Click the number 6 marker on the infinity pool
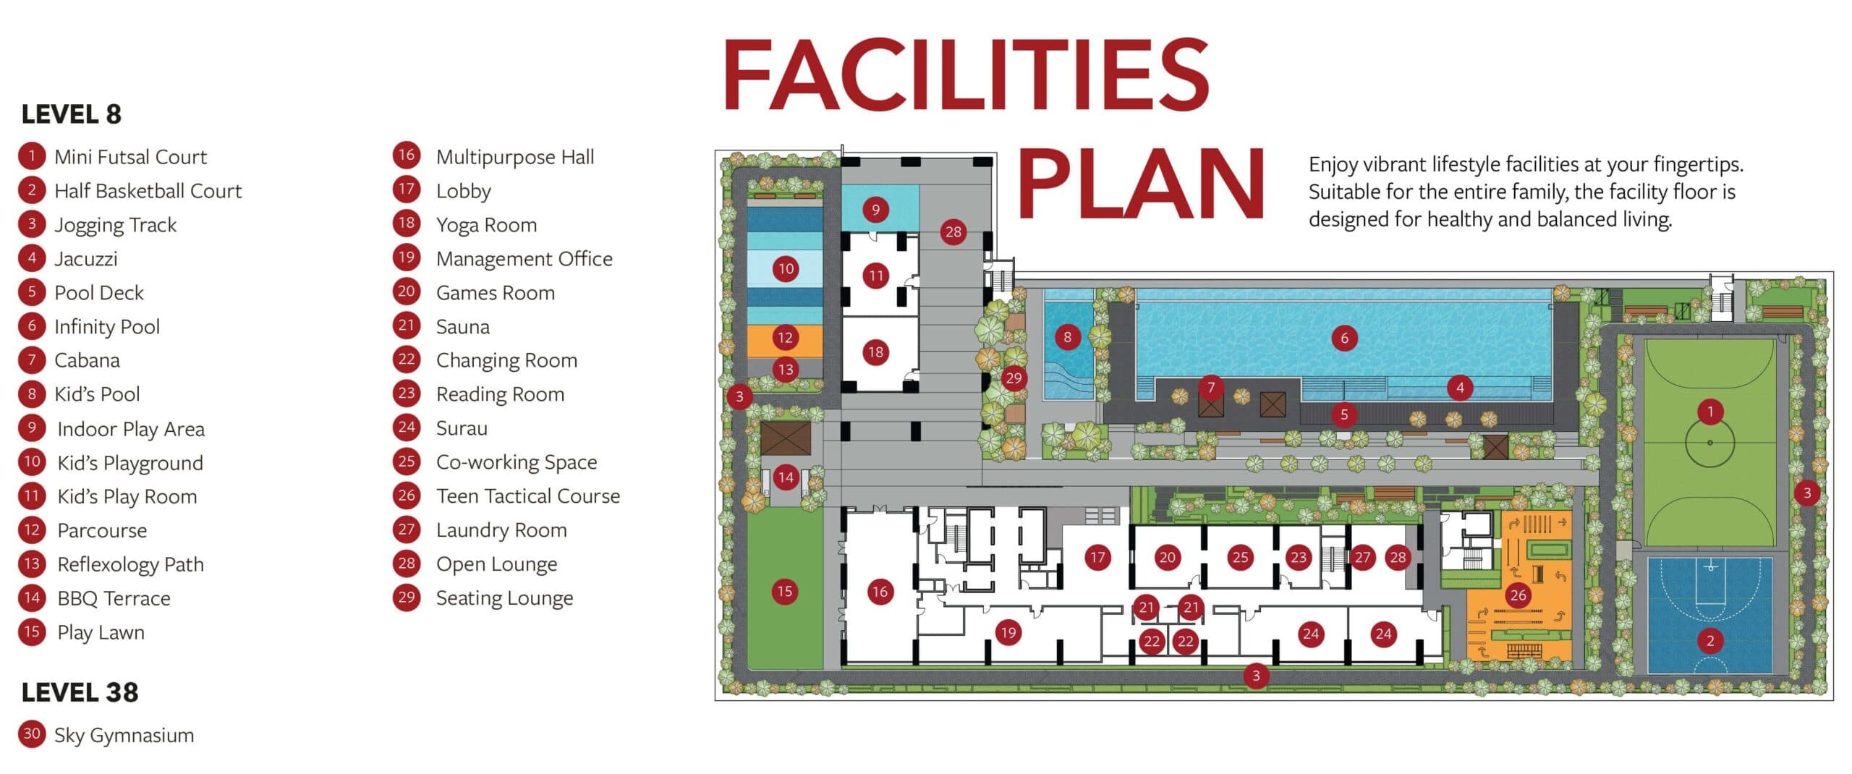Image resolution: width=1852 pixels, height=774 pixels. (1344, 338)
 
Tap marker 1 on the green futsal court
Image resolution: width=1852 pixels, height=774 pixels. (1710, 412)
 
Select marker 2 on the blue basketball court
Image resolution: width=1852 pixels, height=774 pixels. (1710, 640)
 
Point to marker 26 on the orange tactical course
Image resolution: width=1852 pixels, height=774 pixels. (1518, 595)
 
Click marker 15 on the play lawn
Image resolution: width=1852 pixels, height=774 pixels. (784, 592)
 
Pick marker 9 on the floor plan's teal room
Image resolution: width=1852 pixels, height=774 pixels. (875, 210)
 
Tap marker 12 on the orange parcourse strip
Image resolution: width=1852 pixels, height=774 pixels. (785, 337)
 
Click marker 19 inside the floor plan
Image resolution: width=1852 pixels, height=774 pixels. (1008, 634)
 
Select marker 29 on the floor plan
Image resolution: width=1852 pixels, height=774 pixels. (1014, 378)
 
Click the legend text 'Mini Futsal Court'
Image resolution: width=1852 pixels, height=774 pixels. (130, 157)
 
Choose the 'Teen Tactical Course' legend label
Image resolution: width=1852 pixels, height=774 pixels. (528, 496)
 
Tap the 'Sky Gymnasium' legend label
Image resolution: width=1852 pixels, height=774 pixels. (124, 736)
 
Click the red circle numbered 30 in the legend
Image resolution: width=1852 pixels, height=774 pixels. (32, 734)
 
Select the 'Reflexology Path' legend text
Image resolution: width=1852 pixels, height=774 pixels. (130, 564)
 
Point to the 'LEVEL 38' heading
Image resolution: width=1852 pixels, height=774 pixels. (80, 693)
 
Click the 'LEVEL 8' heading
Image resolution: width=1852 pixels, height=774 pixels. (72, 114)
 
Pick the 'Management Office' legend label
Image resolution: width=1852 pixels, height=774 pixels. (524, 259)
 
